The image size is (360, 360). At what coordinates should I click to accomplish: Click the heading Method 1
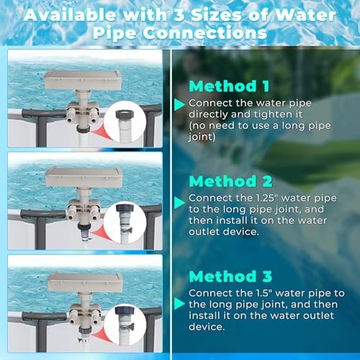click(x=229, y=86)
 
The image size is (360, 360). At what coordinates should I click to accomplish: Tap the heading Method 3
click(x=230, y=275)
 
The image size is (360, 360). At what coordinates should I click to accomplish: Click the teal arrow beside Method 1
click(x=178, y=105)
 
